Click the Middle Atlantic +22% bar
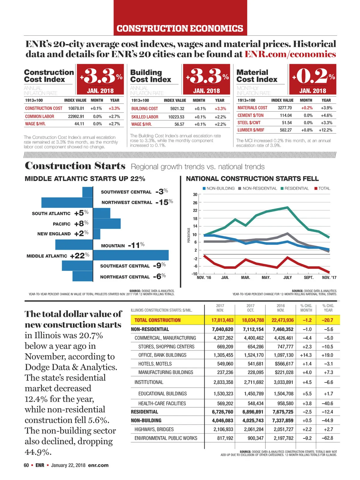pos(131,255)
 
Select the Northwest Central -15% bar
pos(67,202)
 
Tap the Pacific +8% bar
pos(107,223)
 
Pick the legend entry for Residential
pos(294,188)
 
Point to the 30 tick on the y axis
pos(195,194)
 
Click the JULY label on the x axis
pos(287,277)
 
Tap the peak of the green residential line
pos(288,207)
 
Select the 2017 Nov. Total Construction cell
pos(222,320)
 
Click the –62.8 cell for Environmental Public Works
pos(328,438)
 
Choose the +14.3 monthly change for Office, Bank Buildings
pos(306,355)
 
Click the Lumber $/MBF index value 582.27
pos(286,130)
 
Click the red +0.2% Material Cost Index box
pos(313,79)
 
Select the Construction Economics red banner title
pos(180,28)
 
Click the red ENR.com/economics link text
pos(290,54)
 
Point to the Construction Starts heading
pos(75,166)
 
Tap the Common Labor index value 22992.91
pos(76,116)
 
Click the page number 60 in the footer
pos(26,465)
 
